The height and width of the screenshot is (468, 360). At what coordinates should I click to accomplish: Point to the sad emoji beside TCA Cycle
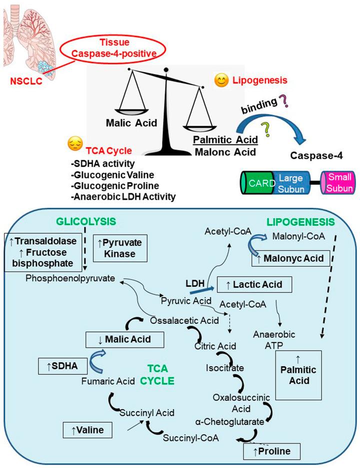pyautogui.click(x=75, y=145)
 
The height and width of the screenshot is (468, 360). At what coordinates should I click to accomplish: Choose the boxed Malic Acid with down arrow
pyautogui.click(x=125, y=341)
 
